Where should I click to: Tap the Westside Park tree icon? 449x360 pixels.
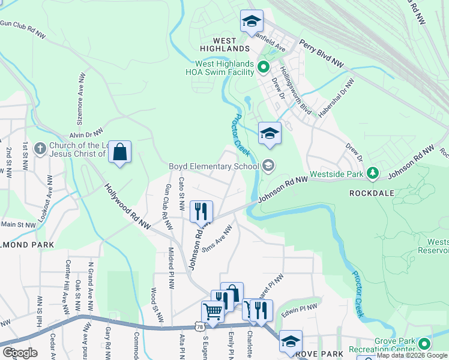pos(373,173)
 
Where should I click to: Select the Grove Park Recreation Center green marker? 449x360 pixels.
pos(424,344)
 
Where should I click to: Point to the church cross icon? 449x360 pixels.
pos(40,148)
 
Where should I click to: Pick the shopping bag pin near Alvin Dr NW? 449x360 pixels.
pos(120,152)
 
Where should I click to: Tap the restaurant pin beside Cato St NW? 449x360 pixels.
pos(201,211)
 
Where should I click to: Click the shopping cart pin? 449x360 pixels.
pos(212,312)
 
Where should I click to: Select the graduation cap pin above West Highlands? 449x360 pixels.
pos(252,21)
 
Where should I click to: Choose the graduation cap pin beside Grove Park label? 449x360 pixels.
pos(291,341)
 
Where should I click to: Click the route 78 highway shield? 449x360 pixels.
pos(199,325)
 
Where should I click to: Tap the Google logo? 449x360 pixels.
pos(19,353)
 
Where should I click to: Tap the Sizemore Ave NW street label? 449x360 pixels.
pos(82,95)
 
